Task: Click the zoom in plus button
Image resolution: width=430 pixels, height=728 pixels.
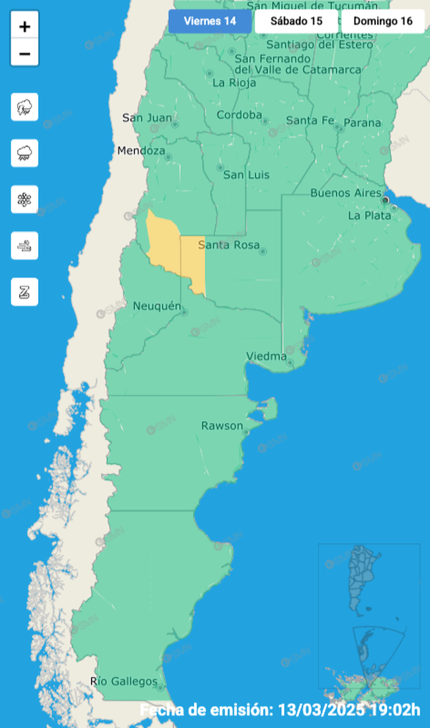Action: (25, 27)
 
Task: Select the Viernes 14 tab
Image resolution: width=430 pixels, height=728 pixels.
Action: (209, 20)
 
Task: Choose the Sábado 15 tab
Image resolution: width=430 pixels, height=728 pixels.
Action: (296, 20)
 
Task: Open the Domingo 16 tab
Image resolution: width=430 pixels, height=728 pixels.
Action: (383, 20)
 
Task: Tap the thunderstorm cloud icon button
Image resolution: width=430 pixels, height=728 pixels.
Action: (25, 107)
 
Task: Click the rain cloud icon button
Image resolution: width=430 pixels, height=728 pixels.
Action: (25, 153)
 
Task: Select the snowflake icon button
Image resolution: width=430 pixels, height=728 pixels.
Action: (25, 199)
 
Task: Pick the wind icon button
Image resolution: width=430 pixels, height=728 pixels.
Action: (25, 246)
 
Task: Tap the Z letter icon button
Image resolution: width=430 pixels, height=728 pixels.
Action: (25, 291)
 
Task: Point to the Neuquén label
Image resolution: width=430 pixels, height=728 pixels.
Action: (157, 306)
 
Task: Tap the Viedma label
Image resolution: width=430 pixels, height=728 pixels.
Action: (266, 356)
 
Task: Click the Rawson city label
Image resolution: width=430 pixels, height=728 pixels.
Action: (222, 426)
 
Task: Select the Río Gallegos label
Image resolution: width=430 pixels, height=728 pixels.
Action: (124, 681)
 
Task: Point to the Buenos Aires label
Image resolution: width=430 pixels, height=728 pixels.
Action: (345, 193)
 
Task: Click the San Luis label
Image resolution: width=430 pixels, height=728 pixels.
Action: (242, 174)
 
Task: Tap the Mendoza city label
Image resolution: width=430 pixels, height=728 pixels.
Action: (141, 151)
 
